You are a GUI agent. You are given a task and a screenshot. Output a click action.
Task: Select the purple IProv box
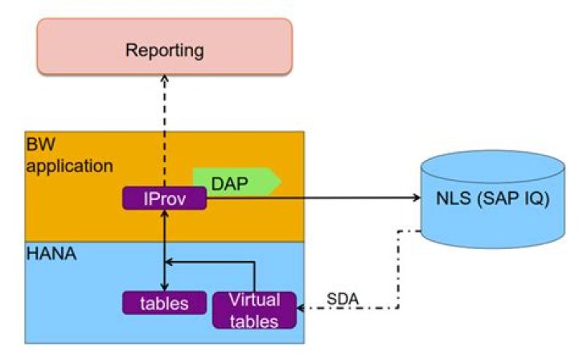point(164,198)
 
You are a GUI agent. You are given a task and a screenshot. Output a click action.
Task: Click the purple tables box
point(164,303)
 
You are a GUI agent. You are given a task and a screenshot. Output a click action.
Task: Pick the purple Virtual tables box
point(254,310)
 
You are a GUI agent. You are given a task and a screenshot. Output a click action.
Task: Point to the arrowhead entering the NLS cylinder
point(416,198)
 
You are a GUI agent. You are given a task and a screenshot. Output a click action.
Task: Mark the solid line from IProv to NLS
point(314,198)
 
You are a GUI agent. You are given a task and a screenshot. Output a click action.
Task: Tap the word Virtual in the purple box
point(254,301)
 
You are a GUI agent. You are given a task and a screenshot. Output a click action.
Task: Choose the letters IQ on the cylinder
point(531,198)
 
